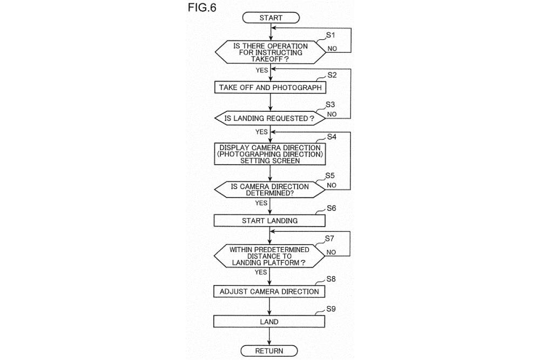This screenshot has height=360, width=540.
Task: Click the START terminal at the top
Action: [271, 18]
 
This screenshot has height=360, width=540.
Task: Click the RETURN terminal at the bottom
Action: [269, 351]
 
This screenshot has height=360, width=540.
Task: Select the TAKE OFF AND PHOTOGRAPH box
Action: [270, 87]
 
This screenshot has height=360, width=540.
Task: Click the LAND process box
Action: [269, 322]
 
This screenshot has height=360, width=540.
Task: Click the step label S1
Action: [331, 35]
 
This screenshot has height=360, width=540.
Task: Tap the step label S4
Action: [332, 137]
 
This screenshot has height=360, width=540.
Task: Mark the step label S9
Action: [332, 309]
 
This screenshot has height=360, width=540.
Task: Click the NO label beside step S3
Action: [332, 114]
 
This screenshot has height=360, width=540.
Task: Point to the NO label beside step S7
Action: [332, 252]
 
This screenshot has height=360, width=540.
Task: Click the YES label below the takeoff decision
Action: [262, 70]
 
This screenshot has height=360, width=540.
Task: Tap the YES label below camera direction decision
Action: [261, 203]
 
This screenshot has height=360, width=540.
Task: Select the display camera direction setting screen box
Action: [270, 154]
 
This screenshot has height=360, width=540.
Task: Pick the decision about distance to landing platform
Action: [269, 256]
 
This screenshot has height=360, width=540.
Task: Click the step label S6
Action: [332, 208]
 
